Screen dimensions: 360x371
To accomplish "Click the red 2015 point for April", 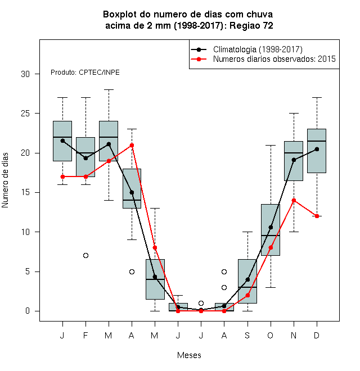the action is (132, 145).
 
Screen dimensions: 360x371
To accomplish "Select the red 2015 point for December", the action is (317, 216).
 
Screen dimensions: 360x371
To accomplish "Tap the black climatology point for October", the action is (271, 228).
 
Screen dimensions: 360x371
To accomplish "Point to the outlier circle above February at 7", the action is (85, 256).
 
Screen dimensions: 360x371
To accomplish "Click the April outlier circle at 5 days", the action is (132, 272).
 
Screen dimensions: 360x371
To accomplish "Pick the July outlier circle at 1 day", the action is (201, 303).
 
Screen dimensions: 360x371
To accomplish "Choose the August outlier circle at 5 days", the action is (224, 272).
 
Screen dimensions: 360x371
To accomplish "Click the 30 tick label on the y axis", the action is (25, 74).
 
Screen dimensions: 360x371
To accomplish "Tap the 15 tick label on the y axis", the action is (25, 192).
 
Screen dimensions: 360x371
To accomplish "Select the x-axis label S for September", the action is (247, 335).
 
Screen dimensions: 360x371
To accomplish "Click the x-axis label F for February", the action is (85, 335).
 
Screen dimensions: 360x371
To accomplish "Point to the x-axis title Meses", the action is (189, 355).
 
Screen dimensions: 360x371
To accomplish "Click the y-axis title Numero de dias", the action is (5, 180).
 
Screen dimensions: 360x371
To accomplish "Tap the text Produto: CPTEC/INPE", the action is (85, 73).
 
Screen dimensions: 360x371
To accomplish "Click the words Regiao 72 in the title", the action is (251, 25).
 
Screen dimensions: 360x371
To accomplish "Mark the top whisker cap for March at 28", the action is (109, 90).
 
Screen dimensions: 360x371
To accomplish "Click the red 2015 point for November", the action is (294, 201).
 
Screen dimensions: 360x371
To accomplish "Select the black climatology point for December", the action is (317, 149).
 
